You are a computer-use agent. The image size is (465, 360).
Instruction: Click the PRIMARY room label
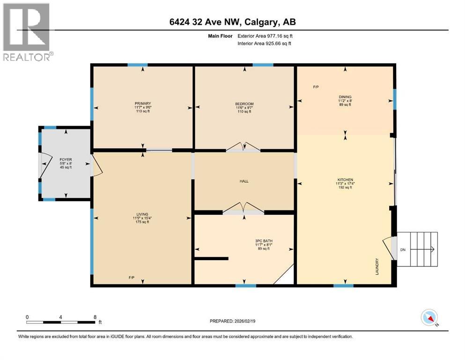tap(142, 104)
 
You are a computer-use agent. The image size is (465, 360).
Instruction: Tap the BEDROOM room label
tap(244, 104)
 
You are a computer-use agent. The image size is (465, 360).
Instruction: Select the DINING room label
tap(345, 97)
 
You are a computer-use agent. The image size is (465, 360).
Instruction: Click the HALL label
tap(244, 181)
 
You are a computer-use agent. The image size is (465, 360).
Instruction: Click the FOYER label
tap(65, 160)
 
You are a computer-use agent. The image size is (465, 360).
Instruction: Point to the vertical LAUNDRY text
tap(376, 267)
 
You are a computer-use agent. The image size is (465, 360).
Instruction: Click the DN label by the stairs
tap(403, 249)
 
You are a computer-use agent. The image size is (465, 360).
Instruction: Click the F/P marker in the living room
tap(132, 277)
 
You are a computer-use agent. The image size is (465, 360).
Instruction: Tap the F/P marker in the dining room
tap(317, 87)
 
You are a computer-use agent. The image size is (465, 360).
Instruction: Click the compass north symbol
tap(429, 318)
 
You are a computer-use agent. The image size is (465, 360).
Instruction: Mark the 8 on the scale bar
tap(95, 317)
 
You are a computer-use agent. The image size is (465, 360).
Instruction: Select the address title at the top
tap(232, 22)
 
